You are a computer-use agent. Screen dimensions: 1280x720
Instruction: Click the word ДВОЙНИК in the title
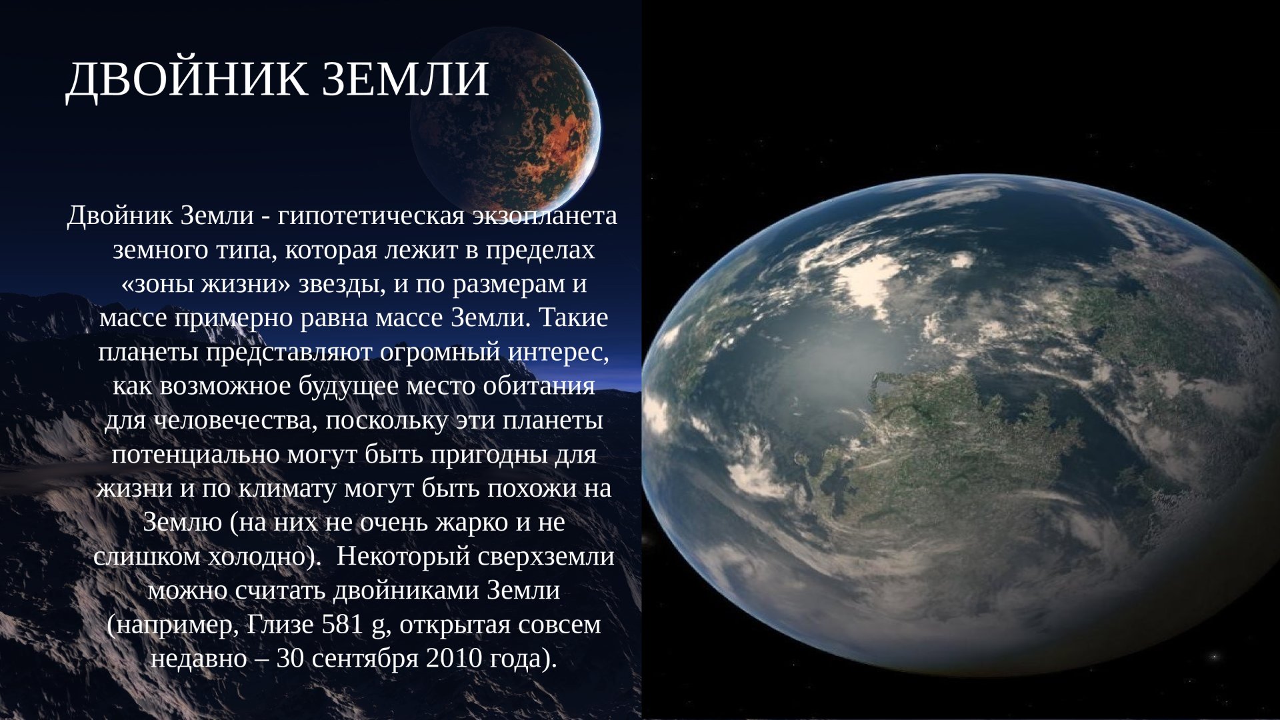coord(187,80)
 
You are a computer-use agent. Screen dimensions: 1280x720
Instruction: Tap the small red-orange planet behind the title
coord(505,120)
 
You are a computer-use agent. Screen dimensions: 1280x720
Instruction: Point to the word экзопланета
coord(545,216)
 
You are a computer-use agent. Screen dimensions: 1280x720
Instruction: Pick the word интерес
coord(559,352)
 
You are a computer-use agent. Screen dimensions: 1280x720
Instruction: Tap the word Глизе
coord(280,625)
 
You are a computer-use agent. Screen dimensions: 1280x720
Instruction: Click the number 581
coord(343,625)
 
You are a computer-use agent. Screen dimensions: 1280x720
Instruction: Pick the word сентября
coord(365,659)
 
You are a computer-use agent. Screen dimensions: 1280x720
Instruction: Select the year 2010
coord(453,659)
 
